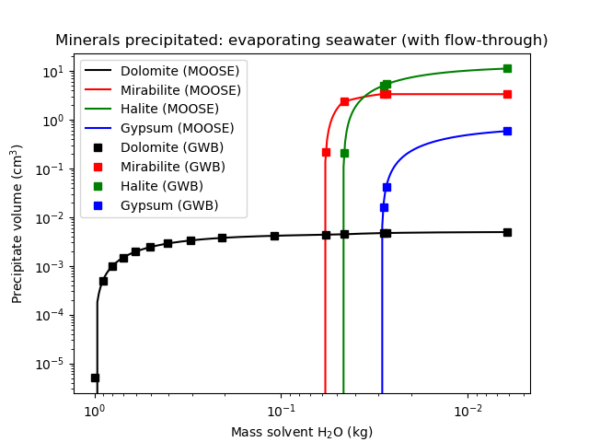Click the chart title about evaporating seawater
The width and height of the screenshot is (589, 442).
pos(301,41)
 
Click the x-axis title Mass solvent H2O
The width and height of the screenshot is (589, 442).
pos(301,432)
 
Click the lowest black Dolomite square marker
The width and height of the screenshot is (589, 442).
pos(95,378)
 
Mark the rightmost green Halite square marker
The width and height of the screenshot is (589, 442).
pos(507,68)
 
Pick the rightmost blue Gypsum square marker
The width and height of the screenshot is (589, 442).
pos(507,131)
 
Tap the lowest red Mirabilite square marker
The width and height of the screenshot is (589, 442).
pos(326,152)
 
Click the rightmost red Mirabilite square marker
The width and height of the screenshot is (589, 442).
pos(507,94)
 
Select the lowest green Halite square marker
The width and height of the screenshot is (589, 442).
pos(344,153)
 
